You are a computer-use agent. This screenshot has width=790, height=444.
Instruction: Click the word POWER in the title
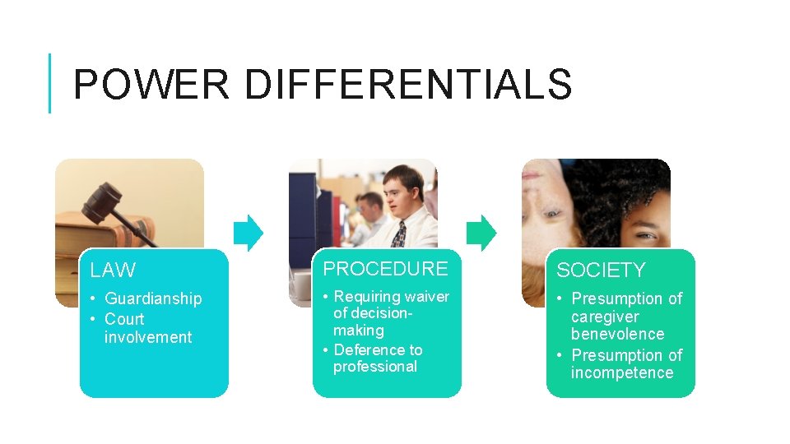point(151,85)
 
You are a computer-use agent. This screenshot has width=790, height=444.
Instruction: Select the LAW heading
point(113,271)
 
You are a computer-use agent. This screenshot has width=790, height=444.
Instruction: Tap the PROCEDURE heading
point(385,269)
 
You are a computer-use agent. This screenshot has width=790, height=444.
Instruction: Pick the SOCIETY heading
point(601,271)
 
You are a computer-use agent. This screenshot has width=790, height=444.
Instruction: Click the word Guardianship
point(153,298)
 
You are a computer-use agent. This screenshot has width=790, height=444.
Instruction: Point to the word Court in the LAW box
point(124,319)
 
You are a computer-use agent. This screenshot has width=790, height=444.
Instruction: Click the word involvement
point(148,337)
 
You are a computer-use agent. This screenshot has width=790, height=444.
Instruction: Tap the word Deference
point(368,349)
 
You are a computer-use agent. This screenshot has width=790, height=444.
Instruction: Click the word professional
point(375,367)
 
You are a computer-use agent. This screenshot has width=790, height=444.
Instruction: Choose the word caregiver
point(605,317)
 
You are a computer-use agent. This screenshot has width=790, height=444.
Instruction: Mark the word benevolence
point(617,334)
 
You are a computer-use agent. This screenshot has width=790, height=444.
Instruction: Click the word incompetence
point(622,372)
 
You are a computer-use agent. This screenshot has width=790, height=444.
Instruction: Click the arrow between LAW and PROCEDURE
point(249,233)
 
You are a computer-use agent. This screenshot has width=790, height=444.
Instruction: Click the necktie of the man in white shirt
point(399,234)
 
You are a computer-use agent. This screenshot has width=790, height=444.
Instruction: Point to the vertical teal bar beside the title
point(50,83)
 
